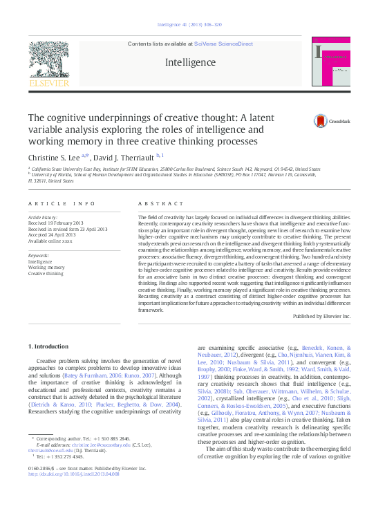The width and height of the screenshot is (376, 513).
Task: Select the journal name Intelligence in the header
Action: [190, 62]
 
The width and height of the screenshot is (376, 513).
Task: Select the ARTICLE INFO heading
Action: [62, 203]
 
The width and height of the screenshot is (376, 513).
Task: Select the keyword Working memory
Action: [46, 268]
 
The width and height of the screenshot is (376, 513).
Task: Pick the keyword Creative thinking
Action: [47, 273]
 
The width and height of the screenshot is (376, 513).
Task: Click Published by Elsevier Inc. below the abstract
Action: [321, 315]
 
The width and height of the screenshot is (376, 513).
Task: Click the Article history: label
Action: [44, 217]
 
